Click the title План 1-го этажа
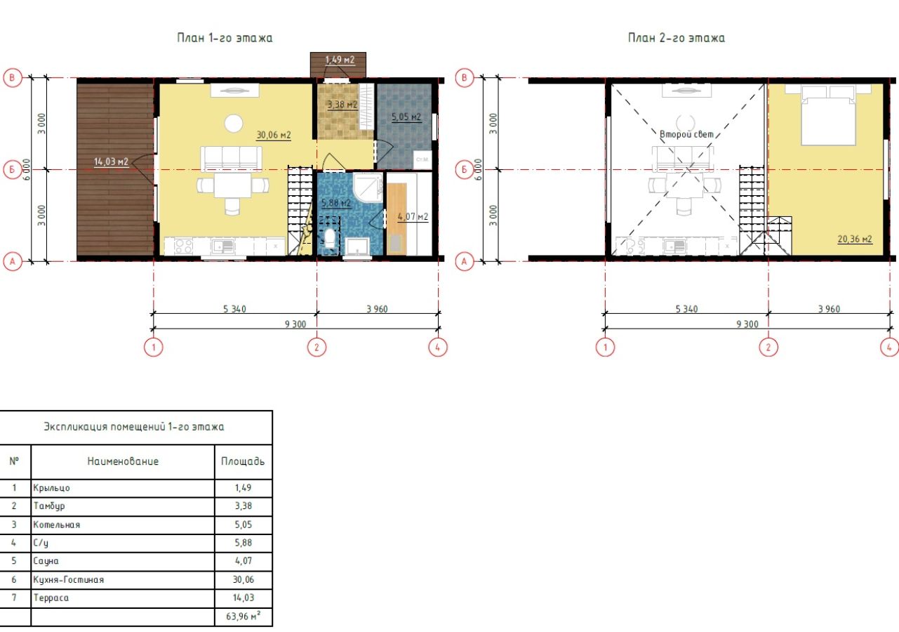click(225, 38)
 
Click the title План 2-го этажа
click(677, 38)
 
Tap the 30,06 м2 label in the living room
click(273, 135)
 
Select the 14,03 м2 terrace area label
click(111, 162)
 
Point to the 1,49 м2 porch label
click(340, 60)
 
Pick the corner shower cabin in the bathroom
click(368, 188)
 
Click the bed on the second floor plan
click(828, 115)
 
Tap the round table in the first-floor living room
click(233, 124)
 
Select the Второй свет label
click(686, 134)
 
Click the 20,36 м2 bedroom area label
click(855, 239)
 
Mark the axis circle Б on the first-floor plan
click(13, 169)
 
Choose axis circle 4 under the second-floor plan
click(889, 347)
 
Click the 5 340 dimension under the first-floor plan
click(235, 309)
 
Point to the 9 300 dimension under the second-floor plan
click(747, 324)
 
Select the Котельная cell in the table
click(57, 525)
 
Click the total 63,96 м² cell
click(244, 616)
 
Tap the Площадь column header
click(243, 461)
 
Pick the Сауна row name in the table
click(46, 561)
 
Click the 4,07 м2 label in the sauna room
click(413, 217)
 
